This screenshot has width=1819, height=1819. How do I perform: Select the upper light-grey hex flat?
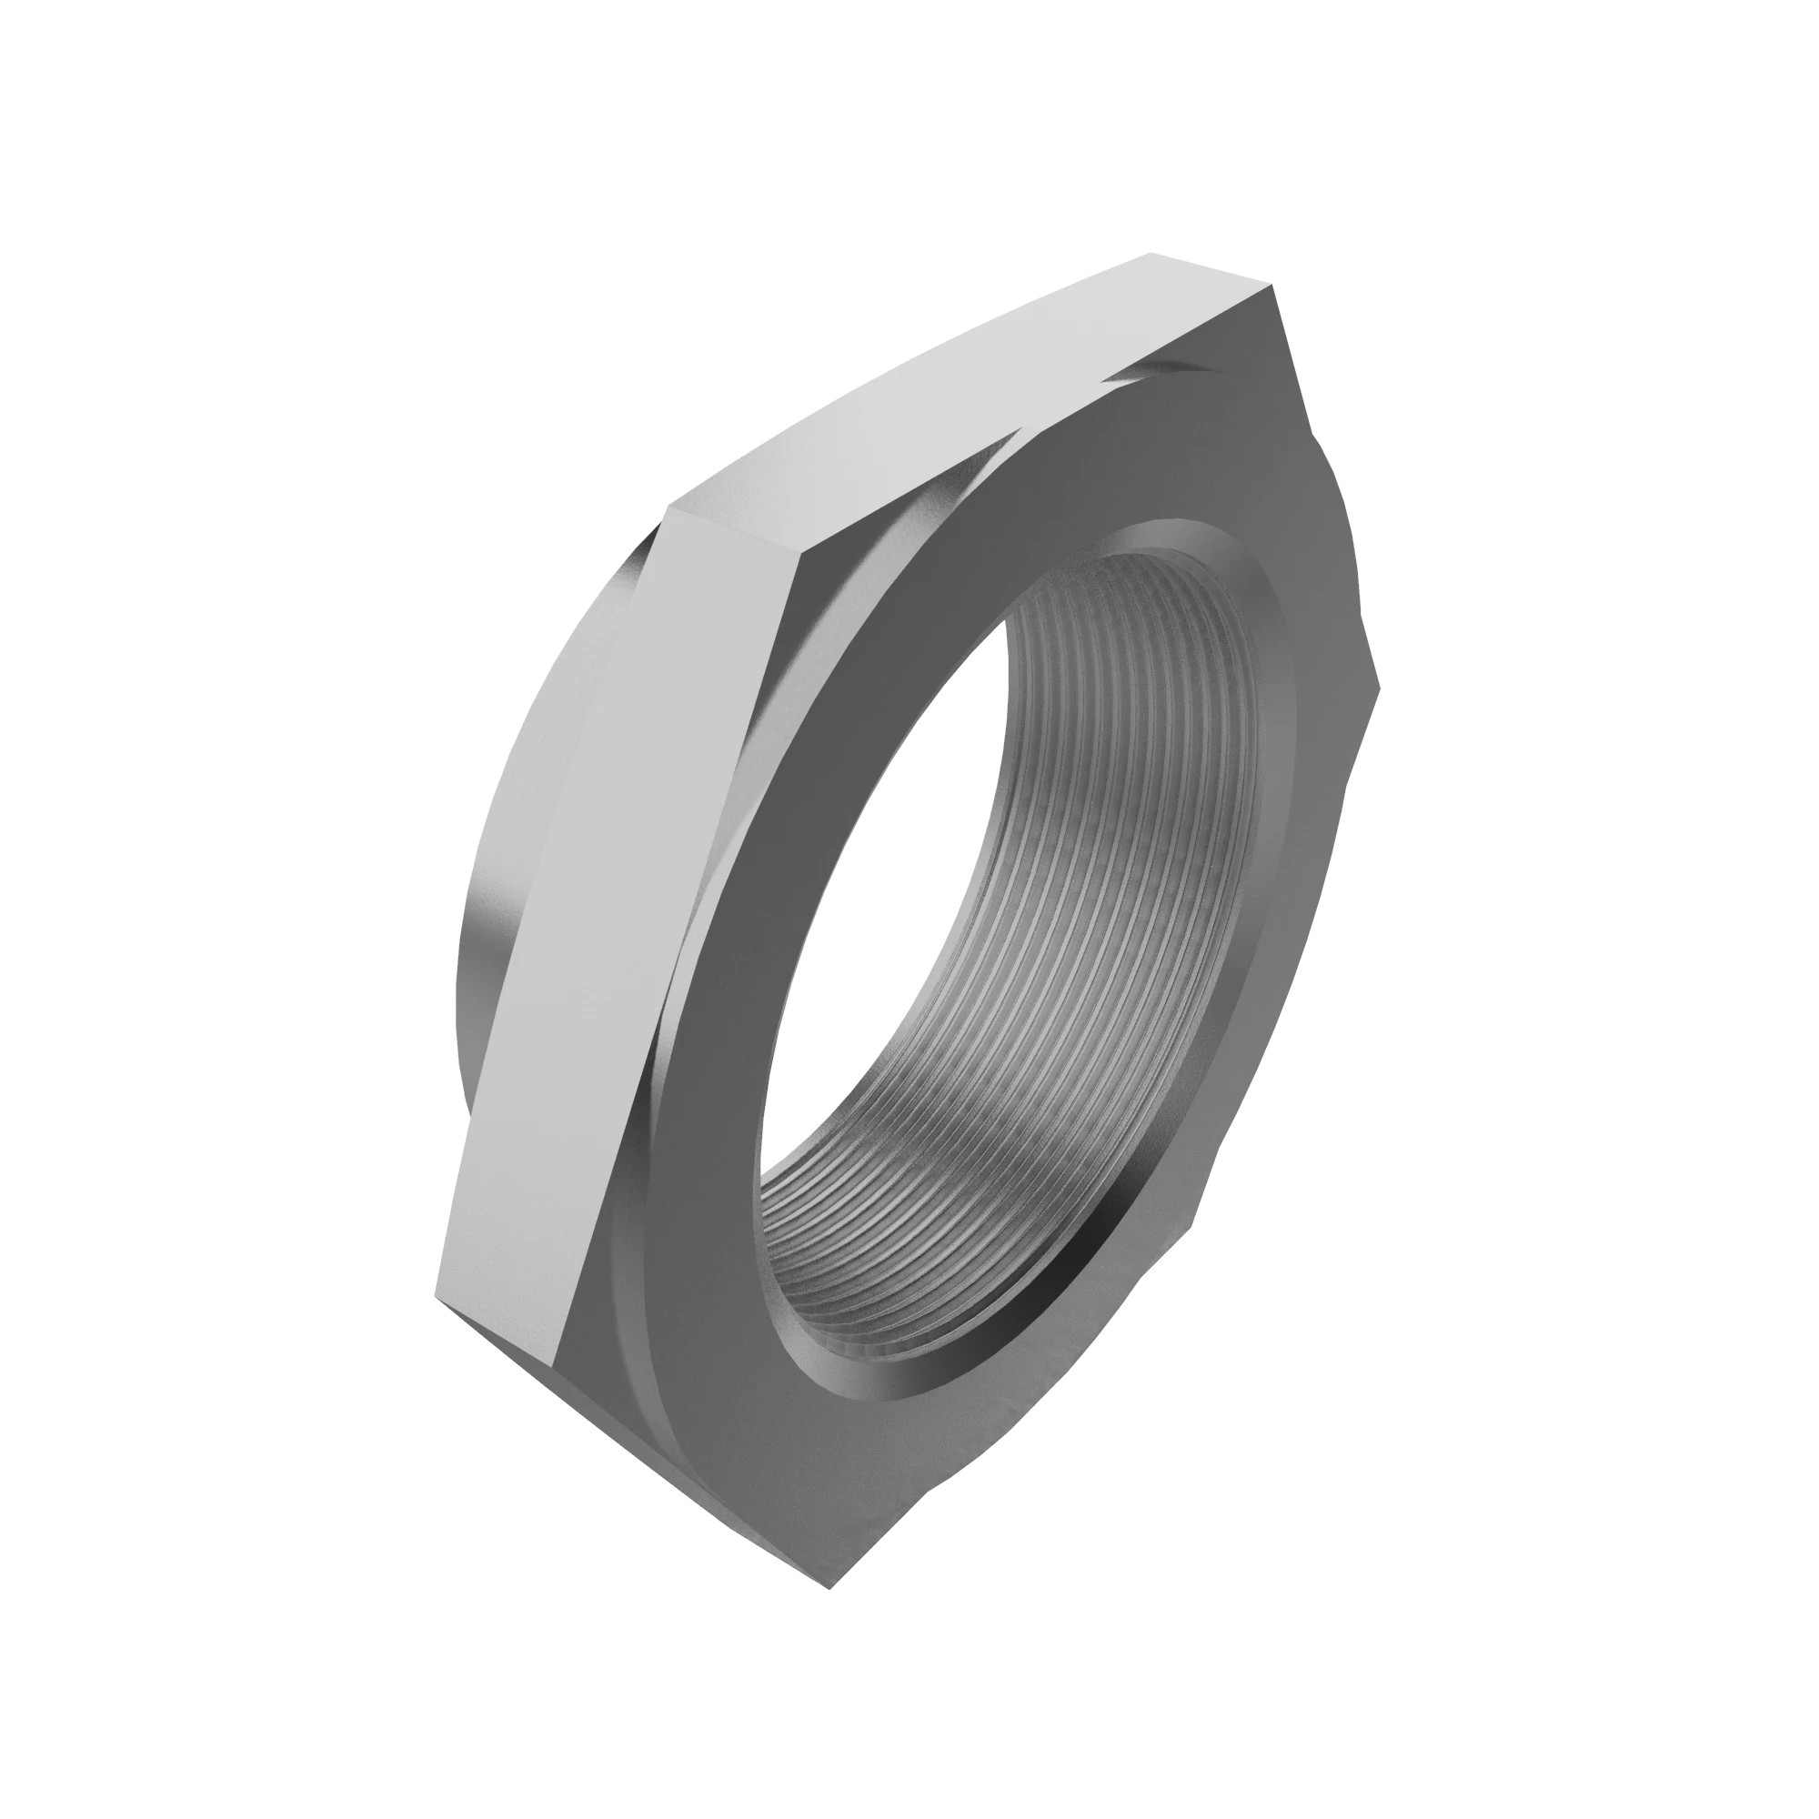970,386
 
